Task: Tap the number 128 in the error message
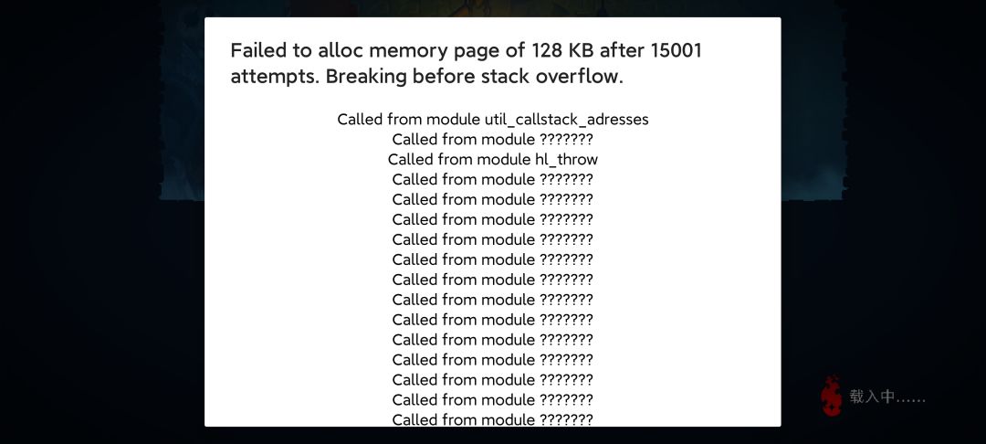pyautogui.click(x=548, y=50)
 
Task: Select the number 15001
pyautogui.click(x=676, y=50)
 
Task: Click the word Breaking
pyautogui.click(x=367, y=77)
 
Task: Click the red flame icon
pyautogui.click(x=831, y=396)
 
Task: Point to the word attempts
pyautogui.click(x=275, y=78)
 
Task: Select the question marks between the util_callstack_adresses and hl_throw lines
pyautogui.click(x=566, y=139)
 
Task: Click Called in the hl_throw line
pyautogui.click(x=411, y=159)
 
